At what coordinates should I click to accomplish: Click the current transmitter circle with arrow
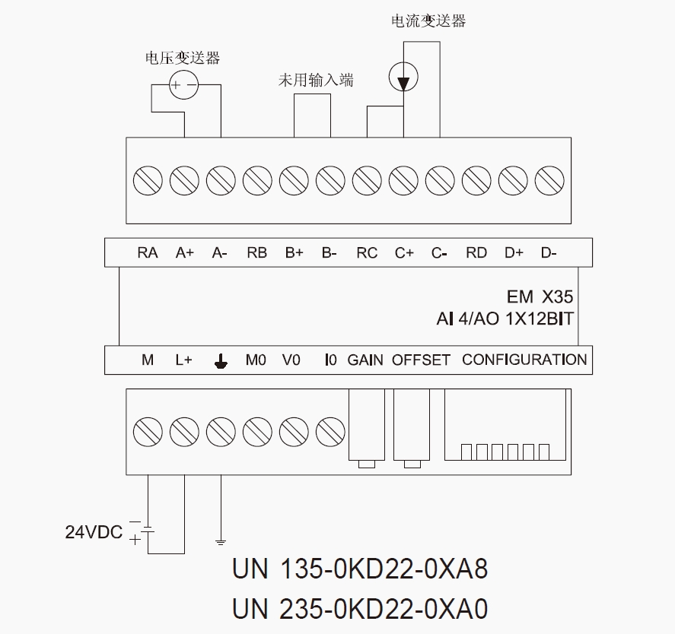pyautogui.click(x=403, y=76)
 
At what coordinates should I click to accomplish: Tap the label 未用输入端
pyautogui.click(x=315, y=79)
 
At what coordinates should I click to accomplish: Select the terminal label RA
pyautogui.click(x=148, y=253)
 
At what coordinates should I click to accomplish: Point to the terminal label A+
pyautogui.click(x=184, y=253)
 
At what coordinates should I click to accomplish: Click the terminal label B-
pyautogui.click(x=329, y=253)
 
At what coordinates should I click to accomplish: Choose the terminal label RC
pyautogui.click(x=367, y=253)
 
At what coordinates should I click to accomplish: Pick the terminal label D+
pyautogui.click(x=514, y=253)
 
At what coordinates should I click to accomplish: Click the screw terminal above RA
pyautogui.click(x=148, y=181)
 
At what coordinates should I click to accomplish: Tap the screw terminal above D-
pyautogui.click(x=549, y=181)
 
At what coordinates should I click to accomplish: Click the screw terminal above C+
pyautogui.click(x=403, y=181)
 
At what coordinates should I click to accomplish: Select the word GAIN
pyautogui.click(x=365, y=360)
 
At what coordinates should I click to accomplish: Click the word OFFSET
pyautogui.click(x=421, y=360)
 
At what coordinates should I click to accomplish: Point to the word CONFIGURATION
pyautogui.click(x=524, y=360)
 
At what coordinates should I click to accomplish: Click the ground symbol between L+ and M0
pyautogui.click(x=221, y=361)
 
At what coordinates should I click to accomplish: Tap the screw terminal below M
pyautogui.click(x=148, y=432)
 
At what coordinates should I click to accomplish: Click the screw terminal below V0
pyautogui.click(x=294, y=432)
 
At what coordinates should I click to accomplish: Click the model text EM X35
pyautogui.click(x=540, y=296)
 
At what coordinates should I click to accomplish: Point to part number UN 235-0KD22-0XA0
pyautogui.click(x=360, y=609)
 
